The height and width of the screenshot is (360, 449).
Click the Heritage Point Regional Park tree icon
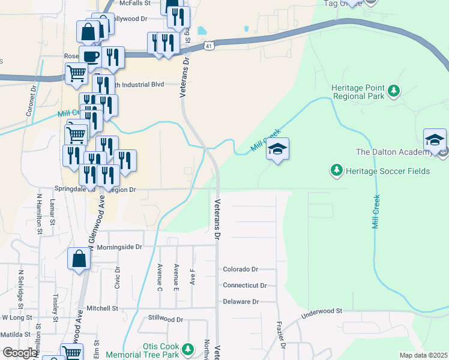pos(394,91)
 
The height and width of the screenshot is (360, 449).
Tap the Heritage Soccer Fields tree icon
pos(337,171)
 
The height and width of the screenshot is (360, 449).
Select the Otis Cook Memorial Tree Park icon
pos(188,349)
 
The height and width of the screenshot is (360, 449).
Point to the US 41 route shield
pos(208,46)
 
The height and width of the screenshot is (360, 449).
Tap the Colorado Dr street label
pos(240,270)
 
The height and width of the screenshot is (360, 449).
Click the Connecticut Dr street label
pos(244,286)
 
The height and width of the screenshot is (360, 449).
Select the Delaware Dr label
pos(240,302)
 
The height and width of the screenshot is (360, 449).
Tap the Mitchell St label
pos(102,308)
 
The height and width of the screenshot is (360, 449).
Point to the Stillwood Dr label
pos(165,320)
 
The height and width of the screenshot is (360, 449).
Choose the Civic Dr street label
pos(118,278)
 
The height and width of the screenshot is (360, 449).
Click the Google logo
pos(19,353)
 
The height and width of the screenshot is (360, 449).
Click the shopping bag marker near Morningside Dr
pos(79,259)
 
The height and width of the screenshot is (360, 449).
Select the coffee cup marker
pos(90,57)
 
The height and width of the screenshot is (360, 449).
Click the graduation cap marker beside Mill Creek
pos(277,149)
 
